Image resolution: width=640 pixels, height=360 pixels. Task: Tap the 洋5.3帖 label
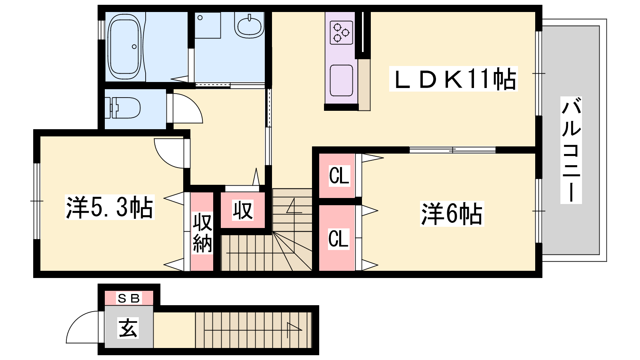coord(110,208)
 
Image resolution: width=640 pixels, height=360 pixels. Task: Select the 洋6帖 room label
coord(452,214)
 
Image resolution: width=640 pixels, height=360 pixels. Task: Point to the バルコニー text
coord(571,150)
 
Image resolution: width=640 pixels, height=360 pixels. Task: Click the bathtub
coord(124,48)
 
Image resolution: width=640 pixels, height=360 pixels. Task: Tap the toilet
coord(122,108)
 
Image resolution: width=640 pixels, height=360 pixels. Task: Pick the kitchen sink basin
coord(341,80)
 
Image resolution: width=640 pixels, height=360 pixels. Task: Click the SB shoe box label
coord(129,298)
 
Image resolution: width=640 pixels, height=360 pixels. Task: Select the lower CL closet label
coord(338,238)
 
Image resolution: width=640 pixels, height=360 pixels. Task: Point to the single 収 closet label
coord(242,210)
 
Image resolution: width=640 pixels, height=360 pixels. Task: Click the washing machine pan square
coord(208,25)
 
